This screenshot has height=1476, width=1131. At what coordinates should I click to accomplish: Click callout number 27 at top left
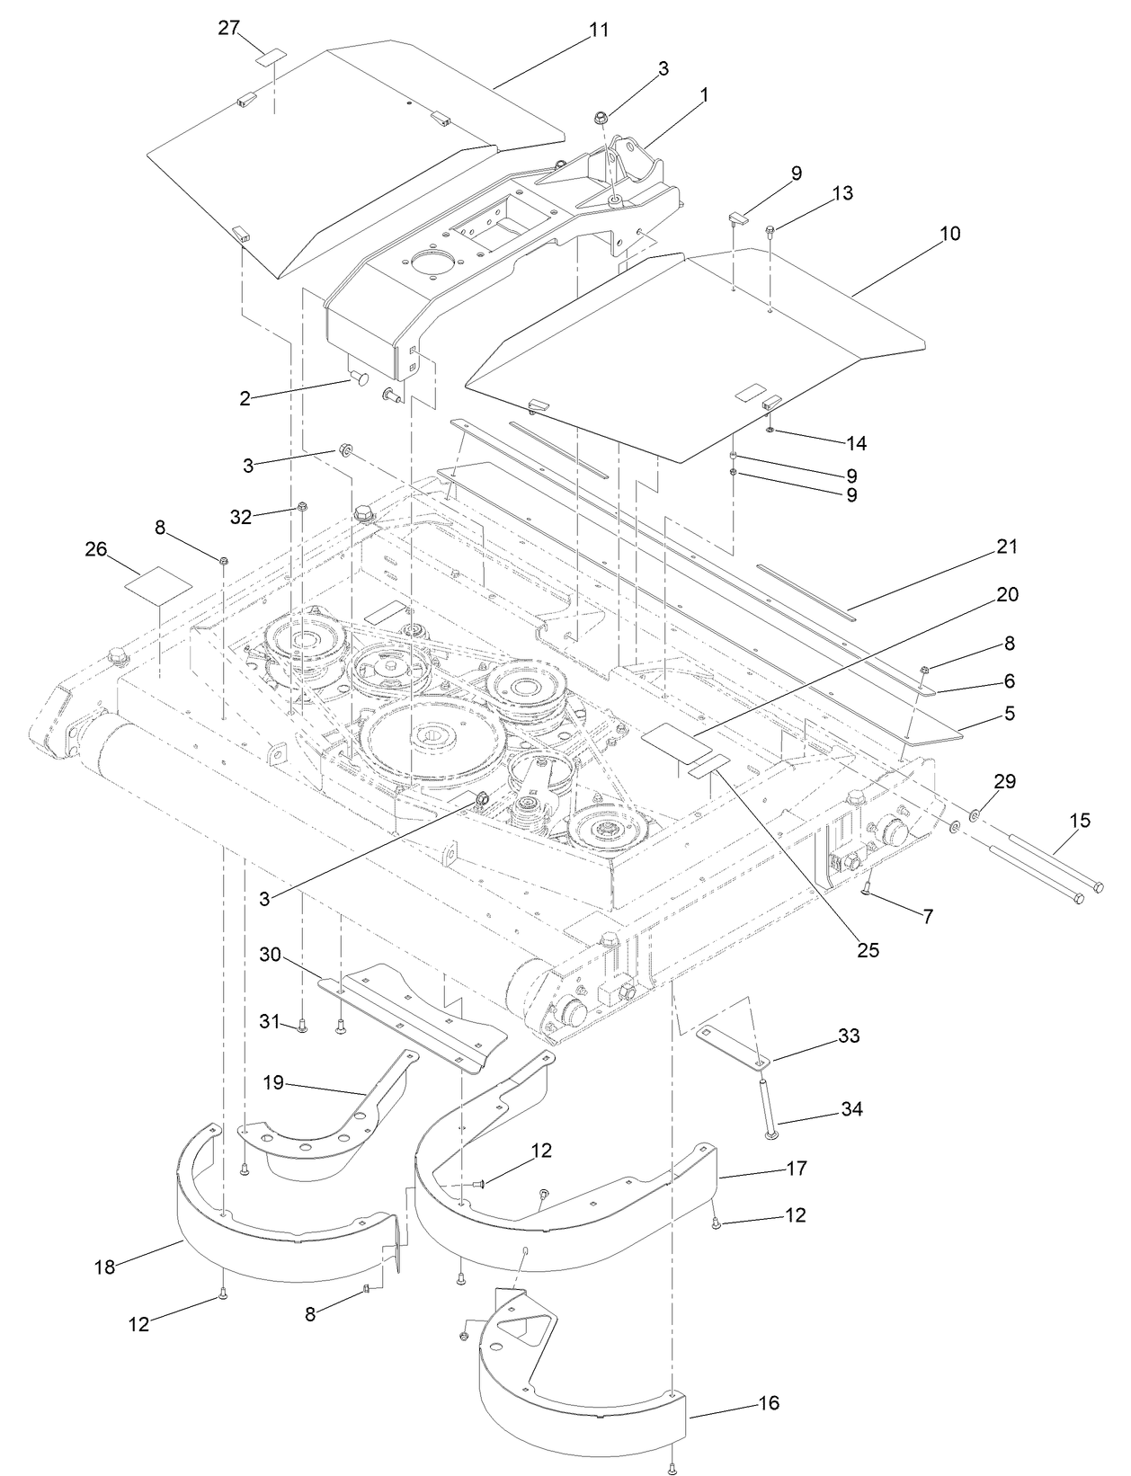[x=228, y=29]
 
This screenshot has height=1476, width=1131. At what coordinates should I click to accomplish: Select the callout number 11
[x=599, y=30]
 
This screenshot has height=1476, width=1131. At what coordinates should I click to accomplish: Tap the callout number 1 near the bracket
[x=704, y=93]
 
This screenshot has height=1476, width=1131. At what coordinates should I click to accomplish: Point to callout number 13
[x=842, y=193]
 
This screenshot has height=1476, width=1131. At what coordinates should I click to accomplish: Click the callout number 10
[x=949, y=234]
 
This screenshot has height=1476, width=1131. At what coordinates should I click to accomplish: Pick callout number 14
[x=856, y=443]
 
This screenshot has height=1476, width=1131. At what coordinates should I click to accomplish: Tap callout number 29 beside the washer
[x=1004, y=781]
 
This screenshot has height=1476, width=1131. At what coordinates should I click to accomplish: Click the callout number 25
[x=867, y=949]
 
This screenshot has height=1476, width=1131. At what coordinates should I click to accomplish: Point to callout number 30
[x=272, y=954]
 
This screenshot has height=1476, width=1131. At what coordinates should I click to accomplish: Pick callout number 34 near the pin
[x=850, y=1110]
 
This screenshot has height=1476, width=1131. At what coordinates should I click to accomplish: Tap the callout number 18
[x=105, y=1267]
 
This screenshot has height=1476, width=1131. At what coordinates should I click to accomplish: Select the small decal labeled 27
[x=272, y=58]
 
